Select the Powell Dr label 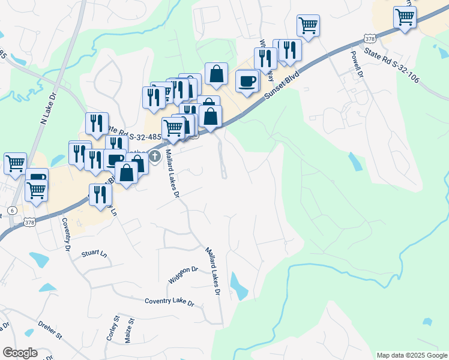click(357, 64)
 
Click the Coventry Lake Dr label click(170, 302)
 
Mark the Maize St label click(128, 331)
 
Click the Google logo click(20, 353)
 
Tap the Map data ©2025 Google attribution click(412, 355)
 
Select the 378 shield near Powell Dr click(370, 39)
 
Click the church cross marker click(155, 157)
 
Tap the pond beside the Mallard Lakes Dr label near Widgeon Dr click(238, 286)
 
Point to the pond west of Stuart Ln click(39, 259)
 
